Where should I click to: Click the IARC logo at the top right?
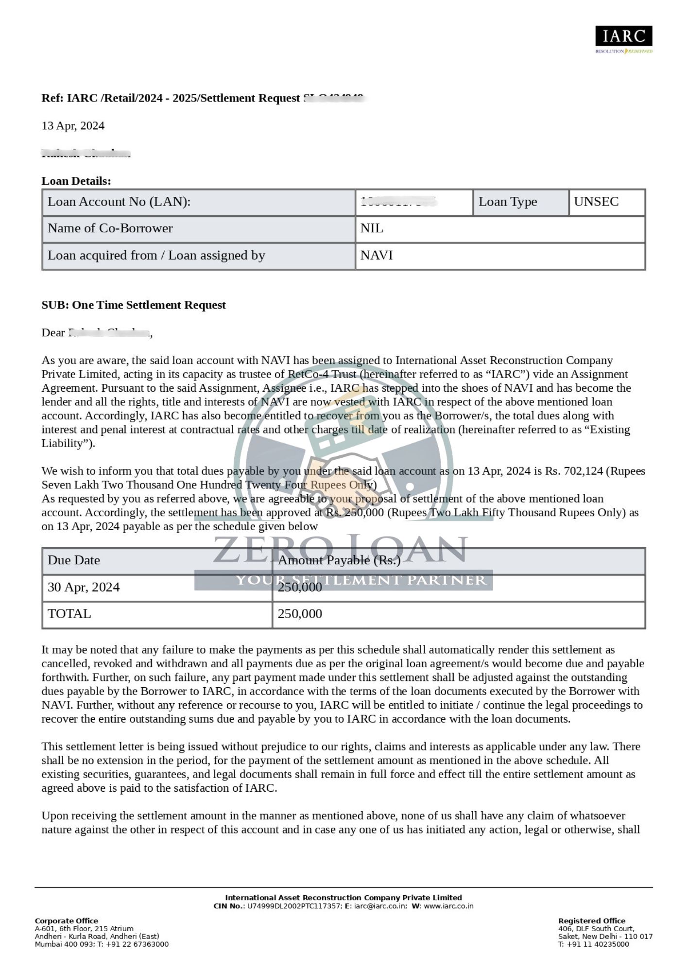[623, 39]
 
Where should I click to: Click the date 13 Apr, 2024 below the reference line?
[73, 126]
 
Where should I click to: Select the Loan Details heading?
[76, 181]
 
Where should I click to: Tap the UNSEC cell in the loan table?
[596, 202]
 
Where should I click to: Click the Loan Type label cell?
[508, 202]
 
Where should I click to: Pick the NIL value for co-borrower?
[372, 228]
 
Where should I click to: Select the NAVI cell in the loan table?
[377, 256]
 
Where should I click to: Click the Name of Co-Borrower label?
[110, 228]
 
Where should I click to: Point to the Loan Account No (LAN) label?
[119, 202]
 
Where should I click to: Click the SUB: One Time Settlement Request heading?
[134, 305]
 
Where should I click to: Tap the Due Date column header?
[74, 560]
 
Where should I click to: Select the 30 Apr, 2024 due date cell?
[84, 587]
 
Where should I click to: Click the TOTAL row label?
[69, 614]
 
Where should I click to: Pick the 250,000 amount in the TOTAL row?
[300, 614]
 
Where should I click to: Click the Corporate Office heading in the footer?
[67, 921]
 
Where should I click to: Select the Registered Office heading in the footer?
[592, 921]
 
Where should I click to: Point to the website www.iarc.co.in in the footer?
[448, 906]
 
